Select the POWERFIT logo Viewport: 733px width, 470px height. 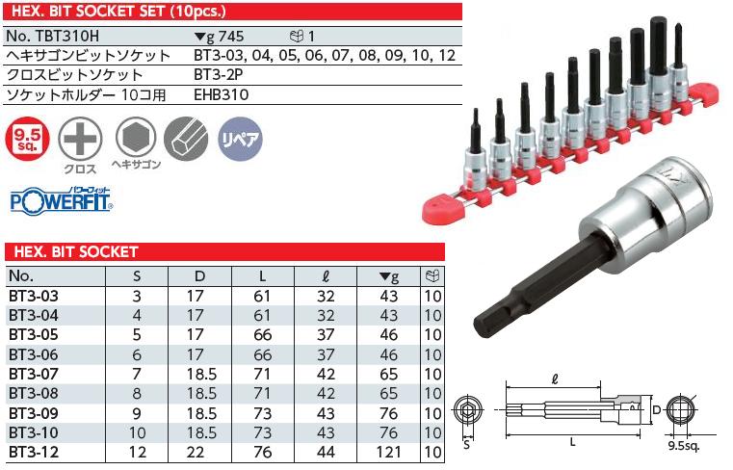60,202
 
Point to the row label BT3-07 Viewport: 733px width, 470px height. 33,373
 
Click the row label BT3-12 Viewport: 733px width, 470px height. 33,450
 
